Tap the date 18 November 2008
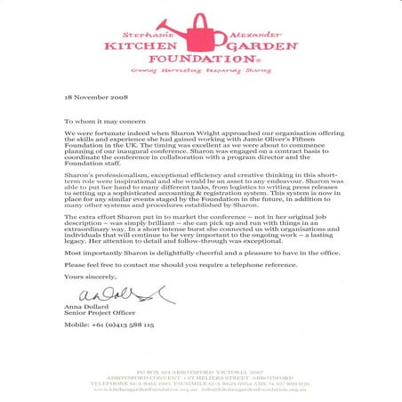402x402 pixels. pyautogui.click(x=98, y=95)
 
